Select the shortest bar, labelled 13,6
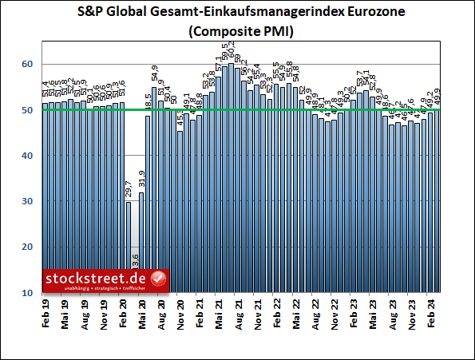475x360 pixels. click(x=135, y=283)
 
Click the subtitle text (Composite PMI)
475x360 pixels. click(x=237, y=33)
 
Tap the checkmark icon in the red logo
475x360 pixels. click(x=158, y=279)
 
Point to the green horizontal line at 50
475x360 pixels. click(x=239, y=109)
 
